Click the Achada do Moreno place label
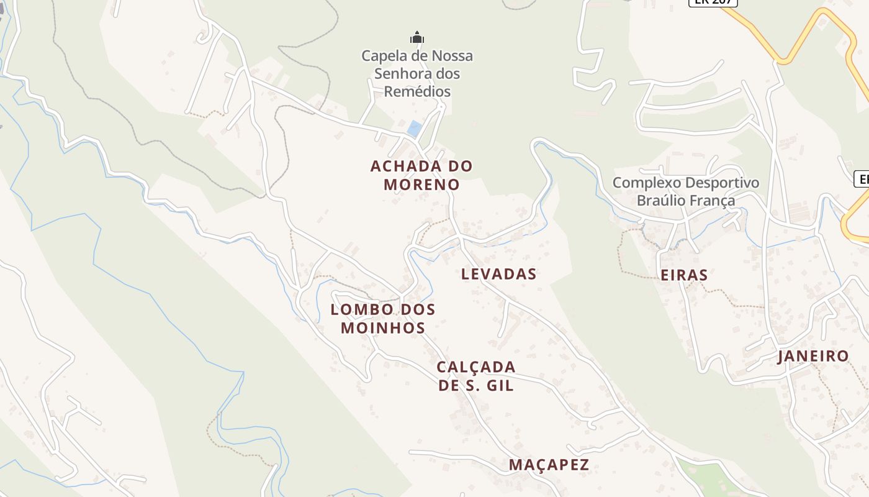pos(421,175)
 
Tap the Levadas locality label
pos(498,274)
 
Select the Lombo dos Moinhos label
pos(383,318)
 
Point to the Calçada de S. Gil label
pos(476,376)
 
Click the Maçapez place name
pos(549,465)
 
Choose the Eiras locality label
pos(684,275)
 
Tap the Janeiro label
pos(813,356)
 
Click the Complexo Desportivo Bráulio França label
pos(686,191)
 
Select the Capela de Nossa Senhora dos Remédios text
pos(417,73)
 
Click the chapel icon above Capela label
pos(417,38)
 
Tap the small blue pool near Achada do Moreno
pos(415,129)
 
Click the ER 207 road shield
pos(713,2)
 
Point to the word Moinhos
pos(383,327)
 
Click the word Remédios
pos(417,91)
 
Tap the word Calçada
pos(476,367)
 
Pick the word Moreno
pos(421,185)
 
